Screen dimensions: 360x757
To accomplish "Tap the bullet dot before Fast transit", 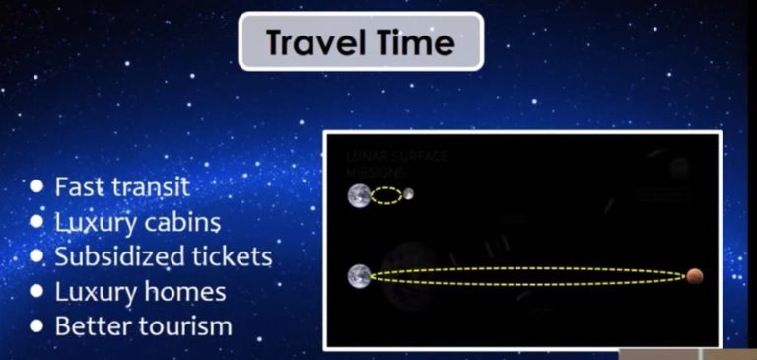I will (37, 185).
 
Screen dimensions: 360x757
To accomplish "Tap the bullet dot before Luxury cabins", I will (37, 222).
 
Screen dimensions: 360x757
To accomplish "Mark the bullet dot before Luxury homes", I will (37, 292).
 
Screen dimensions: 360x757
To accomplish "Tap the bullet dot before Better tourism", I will (37, 326).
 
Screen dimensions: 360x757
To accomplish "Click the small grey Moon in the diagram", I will (408, 194).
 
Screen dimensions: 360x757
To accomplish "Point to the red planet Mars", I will (695, 276).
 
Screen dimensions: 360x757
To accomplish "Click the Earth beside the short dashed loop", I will (359, 195).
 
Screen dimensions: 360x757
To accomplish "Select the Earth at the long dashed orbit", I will (359, 276).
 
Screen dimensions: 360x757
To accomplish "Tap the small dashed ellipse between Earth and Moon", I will (385, 195).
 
